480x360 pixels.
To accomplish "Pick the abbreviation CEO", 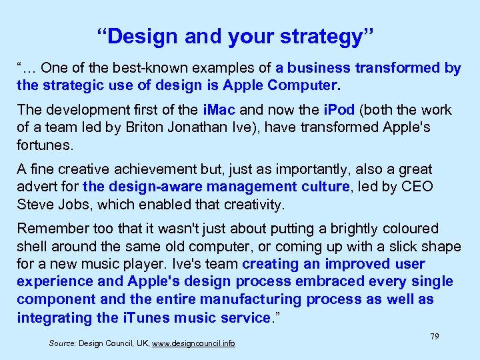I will coord(418,187).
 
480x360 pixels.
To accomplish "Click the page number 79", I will coord(434,337).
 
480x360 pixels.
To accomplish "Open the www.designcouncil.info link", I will coord(193,344).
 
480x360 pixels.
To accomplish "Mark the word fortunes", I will coord(43,144).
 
